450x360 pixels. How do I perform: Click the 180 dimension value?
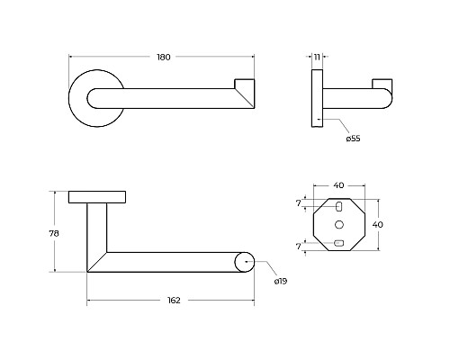(x=164, y=57)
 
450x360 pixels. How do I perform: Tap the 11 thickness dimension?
(x=317, y=57)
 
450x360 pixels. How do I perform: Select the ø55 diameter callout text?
(x=353, y=139)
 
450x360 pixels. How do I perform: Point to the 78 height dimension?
(x=54, y=233)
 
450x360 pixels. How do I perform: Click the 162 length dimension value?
(x=174, y=301)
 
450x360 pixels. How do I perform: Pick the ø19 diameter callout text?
(x=281, y=281)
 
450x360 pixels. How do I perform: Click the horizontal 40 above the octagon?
(x=338, y=185)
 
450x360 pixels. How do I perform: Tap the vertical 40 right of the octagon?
(x=377, y=224)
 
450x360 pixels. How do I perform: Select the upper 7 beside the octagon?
(x=298, y=203)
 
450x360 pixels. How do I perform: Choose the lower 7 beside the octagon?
(x=298, y=247)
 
